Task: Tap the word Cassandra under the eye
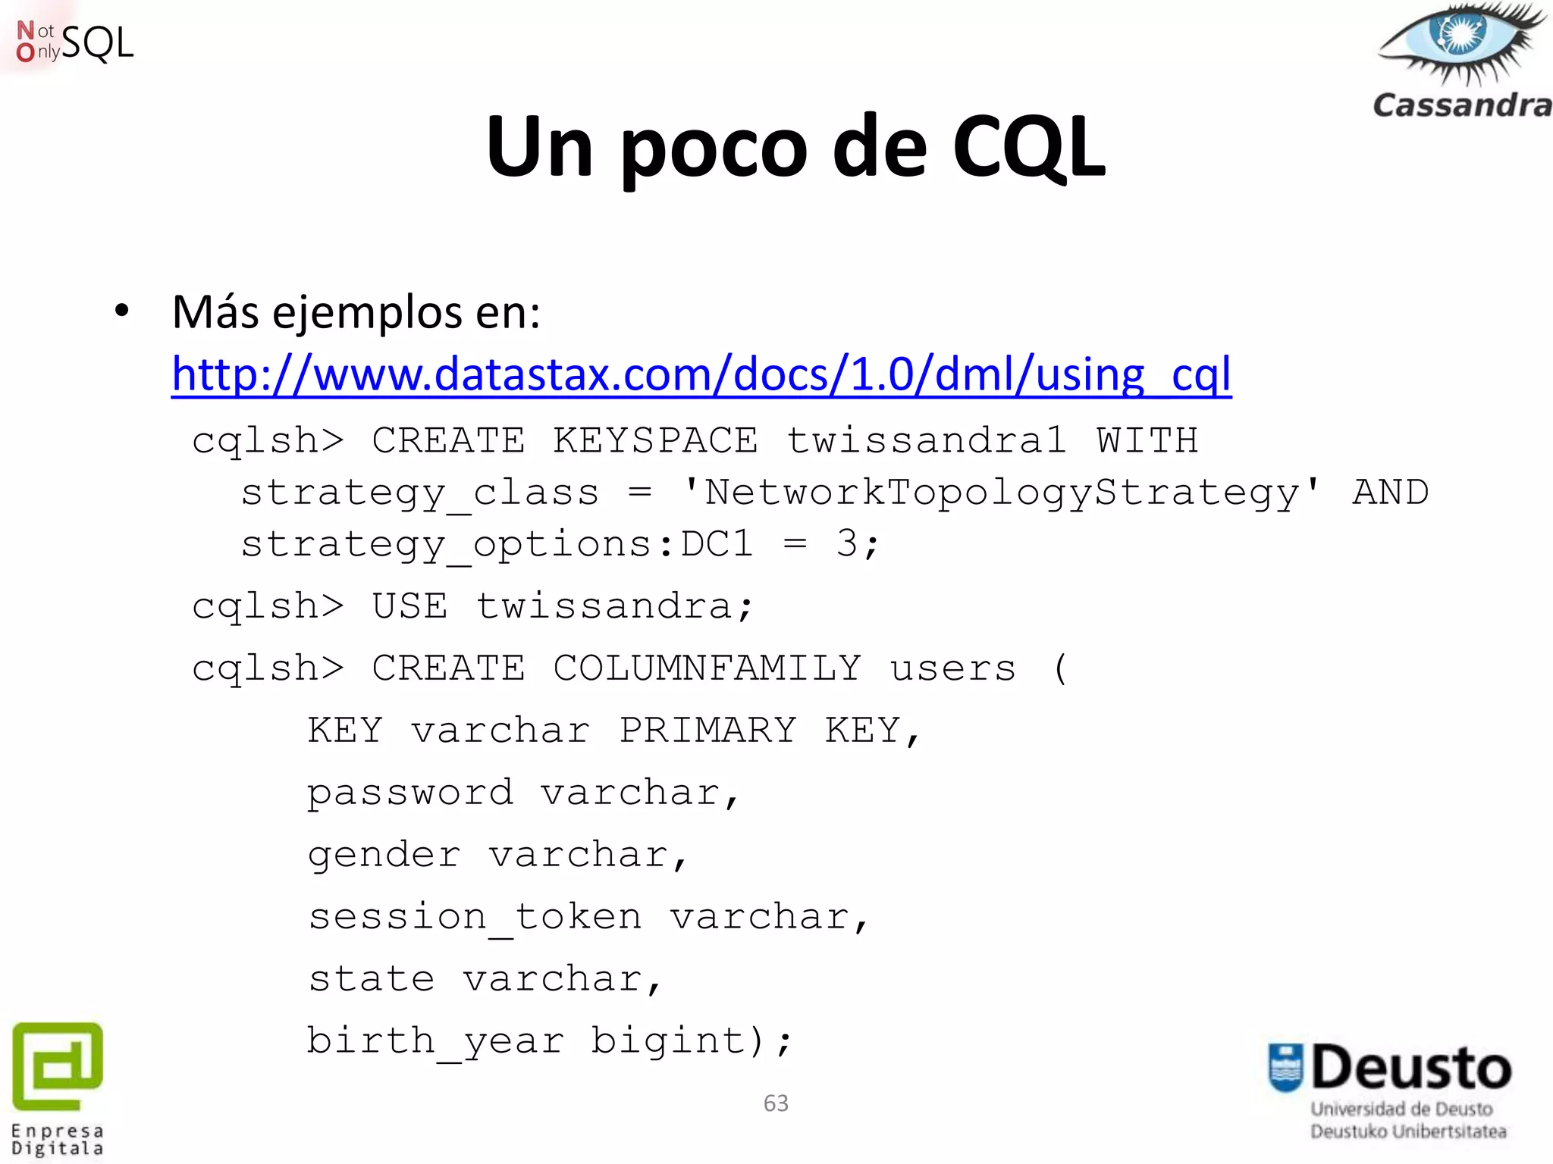click(1462, 105)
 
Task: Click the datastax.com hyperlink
click(701, 374)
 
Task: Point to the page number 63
click(776, 1103)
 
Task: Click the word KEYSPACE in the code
click(655, 440)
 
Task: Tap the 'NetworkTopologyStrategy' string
click(1001, 492)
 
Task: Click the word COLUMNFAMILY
click(707, 668)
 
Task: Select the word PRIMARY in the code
click(707, 730)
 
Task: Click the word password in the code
click(410, 793)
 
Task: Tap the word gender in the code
click(384, 856)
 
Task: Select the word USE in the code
click(409, 606)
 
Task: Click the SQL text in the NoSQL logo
click(97, 42)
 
